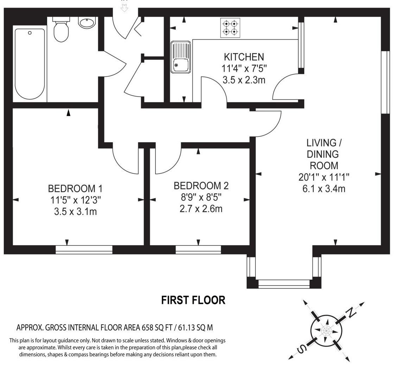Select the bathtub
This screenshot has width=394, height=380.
point(30,64)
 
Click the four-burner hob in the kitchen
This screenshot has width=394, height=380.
point(230,28)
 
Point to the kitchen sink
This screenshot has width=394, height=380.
point(180,57)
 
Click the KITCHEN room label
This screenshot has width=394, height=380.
point(244,57)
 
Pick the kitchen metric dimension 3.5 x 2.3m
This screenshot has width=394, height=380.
point(244,80)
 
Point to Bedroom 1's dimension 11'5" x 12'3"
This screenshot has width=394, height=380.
point(75,200)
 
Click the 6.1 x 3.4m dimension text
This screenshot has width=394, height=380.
point(324,189)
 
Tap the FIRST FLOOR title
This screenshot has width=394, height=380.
point(193,300)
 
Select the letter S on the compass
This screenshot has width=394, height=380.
point(301,349)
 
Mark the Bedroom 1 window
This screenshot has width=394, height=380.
point(84,250)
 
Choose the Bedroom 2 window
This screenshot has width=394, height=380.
point(198,250)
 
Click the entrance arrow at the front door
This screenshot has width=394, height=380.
point(124,8)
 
